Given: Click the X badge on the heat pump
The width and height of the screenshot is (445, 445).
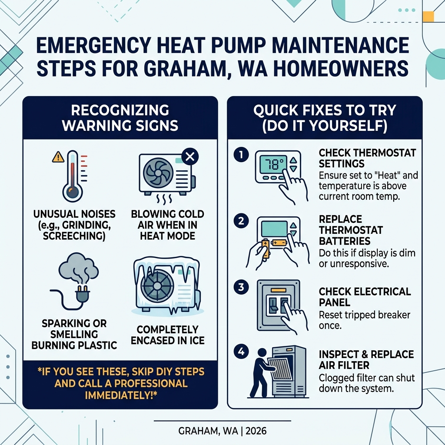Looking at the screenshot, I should tap(189, 157).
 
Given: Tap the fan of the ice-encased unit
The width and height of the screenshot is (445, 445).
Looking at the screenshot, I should tap(155, 285).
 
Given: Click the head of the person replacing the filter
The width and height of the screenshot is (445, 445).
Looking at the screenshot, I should tap(262, 353).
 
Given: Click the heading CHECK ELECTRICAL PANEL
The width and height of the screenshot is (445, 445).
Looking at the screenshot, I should tap(364, 297).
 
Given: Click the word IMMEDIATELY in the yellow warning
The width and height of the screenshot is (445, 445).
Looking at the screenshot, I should tap(120, 395).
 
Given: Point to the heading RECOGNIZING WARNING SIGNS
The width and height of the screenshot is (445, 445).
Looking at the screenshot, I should tap(120, 117).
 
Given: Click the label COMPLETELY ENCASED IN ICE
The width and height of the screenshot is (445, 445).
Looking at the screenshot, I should tap(167, 335).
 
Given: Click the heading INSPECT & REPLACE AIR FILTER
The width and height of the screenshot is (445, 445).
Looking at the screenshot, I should tap(366, 359).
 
